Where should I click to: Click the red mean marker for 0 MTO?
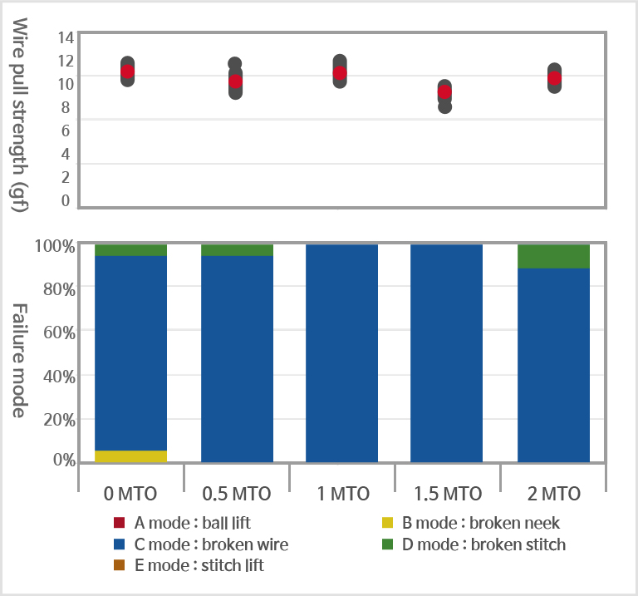tap(127, 71)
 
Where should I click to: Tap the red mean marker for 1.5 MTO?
tap(444, 92)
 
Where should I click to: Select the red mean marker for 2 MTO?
tap(554, 78)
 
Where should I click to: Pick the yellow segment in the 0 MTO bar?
tap(131, 456)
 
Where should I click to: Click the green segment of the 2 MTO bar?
tap(553, 256)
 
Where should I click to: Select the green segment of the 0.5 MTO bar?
tap(237, 249)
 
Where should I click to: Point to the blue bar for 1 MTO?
tap(341, 353)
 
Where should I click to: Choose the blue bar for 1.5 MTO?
tap(447, 353)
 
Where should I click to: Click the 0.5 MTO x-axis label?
tap(237, 493)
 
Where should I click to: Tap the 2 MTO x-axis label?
tap(553, 493)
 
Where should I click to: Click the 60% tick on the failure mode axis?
tap(59, 332)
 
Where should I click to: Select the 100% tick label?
tap(56, 246)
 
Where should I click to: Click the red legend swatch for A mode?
tap(119, 523)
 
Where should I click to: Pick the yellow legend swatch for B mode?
tap(387, 523)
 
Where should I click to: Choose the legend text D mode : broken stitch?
tap(483, 544)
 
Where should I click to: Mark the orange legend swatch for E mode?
tap(119, 566)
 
